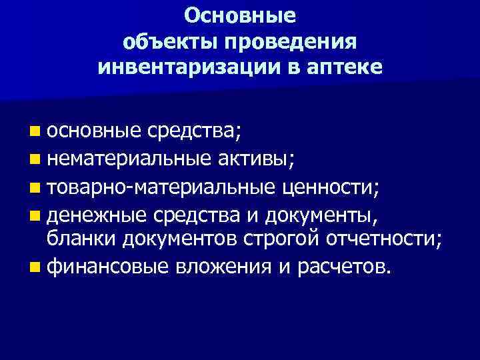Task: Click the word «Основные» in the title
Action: point(240,15)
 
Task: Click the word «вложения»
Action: point(215,268)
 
